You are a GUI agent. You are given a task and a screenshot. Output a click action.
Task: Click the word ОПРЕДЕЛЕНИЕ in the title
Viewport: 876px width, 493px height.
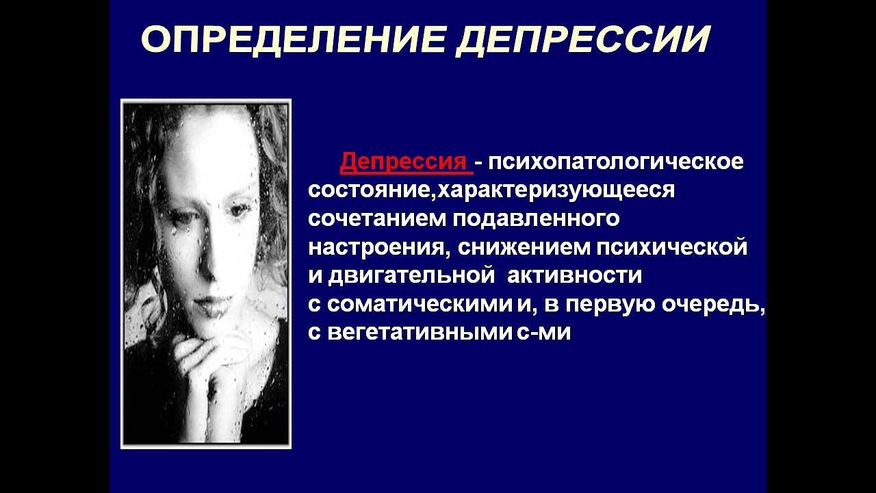[x=294, y=40]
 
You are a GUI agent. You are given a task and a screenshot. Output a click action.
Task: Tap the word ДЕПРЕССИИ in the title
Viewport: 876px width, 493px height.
[x=582, y=40]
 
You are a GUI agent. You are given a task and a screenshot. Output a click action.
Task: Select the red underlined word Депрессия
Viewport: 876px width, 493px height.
[x=404, y=161]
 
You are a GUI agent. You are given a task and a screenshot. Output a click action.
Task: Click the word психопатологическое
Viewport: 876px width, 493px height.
[x=615, y=161]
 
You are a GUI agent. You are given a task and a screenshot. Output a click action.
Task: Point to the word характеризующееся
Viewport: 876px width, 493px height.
[x=555, y=190]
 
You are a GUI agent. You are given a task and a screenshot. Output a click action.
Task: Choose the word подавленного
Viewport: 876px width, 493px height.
[x=536, y=218]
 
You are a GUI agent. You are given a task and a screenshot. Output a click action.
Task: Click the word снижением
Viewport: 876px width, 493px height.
[x=523, y=247]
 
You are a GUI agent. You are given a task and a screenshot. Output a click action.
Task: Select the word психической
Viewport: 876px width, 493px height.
[x=671, y=247]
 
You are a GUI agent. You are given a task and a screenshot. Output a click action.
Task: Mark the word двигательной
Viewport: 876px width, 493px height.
[x=411, y=275]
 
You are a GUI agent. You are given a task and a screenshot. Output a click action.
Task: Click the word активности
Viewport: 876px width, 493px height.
[x=574, y=275]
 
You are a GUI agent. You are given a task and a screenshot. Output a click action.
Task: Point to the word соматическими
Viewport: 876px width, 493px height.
[x=420, y=305]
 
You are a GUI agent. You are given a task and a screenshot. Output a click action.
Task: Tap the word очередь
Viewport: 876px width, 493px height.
[x=713, y=305]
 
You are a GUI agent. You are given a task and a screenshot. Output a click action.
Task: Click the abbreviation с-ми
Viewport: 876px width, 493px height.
[x=543, y=333]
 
